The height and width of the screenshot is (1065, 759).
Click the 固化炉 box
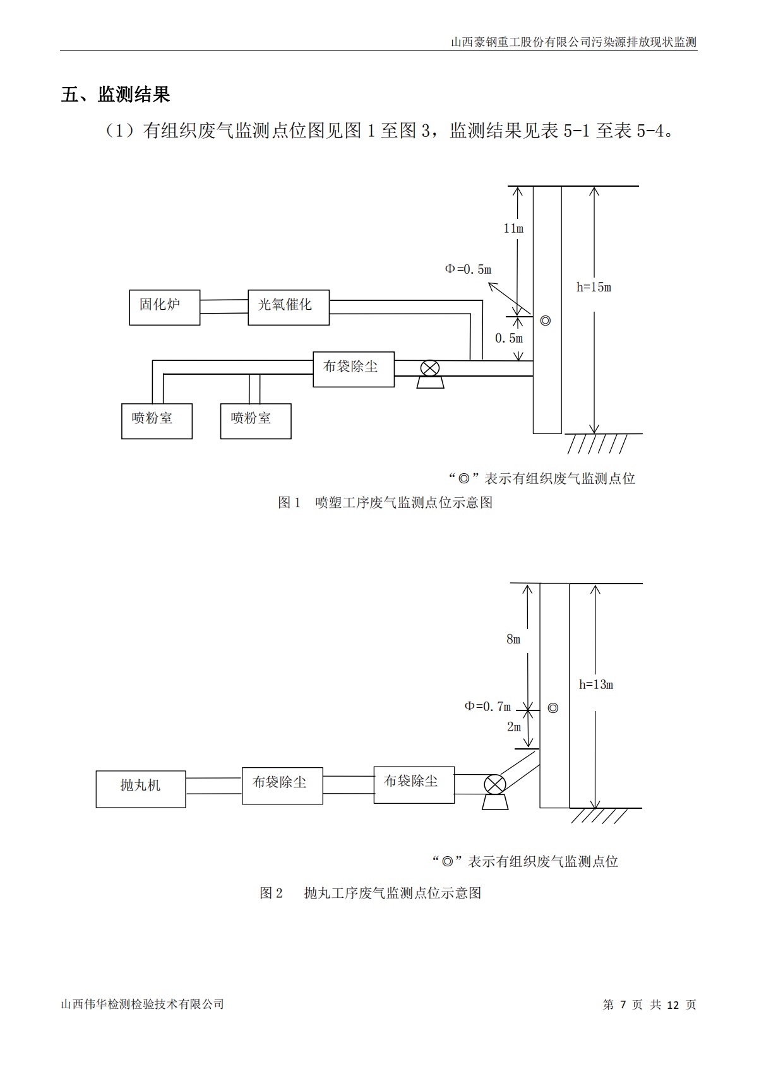[x=164, y=307]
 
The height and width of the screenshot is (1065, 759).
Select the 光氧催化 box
[x=288, y=307]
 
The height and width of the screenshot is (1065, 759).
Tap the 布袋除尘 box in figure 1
[x=353, y=369]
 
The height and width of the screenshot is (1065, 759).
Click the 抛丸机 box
[x=140, y=789]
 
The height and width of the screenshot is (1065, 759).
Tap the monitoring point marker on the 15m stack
[x=546, y=321]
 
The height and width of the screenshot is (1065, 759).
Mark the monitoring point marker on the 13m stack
[x=553, y=708]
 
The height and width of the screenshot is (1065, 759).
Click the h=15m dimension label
[x=594, y=287]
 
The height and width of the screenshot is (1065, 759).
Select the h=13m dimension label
[x=596, y=685]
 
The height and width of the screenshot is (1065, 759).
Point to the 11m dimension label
[x=513, y=228]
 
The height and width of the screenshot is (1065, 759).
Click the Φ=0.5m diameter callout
[x=468, y=269]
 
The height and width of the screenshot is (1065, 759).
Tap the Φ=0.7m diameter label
[x=487, y=706]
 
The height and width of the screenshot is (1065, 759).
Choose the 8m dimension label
[x=513, y=639]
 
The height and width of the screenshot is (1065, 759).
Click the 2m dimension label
[x=513, y=727]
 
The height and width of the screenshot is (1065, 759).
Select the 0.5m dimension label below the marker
[x=508, y=339]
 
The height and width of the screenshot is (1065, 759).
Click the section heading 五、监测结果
[x=116, y=95]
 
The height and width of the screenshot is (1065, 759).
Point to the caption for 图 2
[x=370, y=893]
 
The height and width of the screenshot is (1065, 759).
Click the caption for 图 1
[x=385, y=502]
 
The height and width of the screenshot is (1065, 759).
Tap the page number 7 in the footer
[x=623, y=1004]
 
